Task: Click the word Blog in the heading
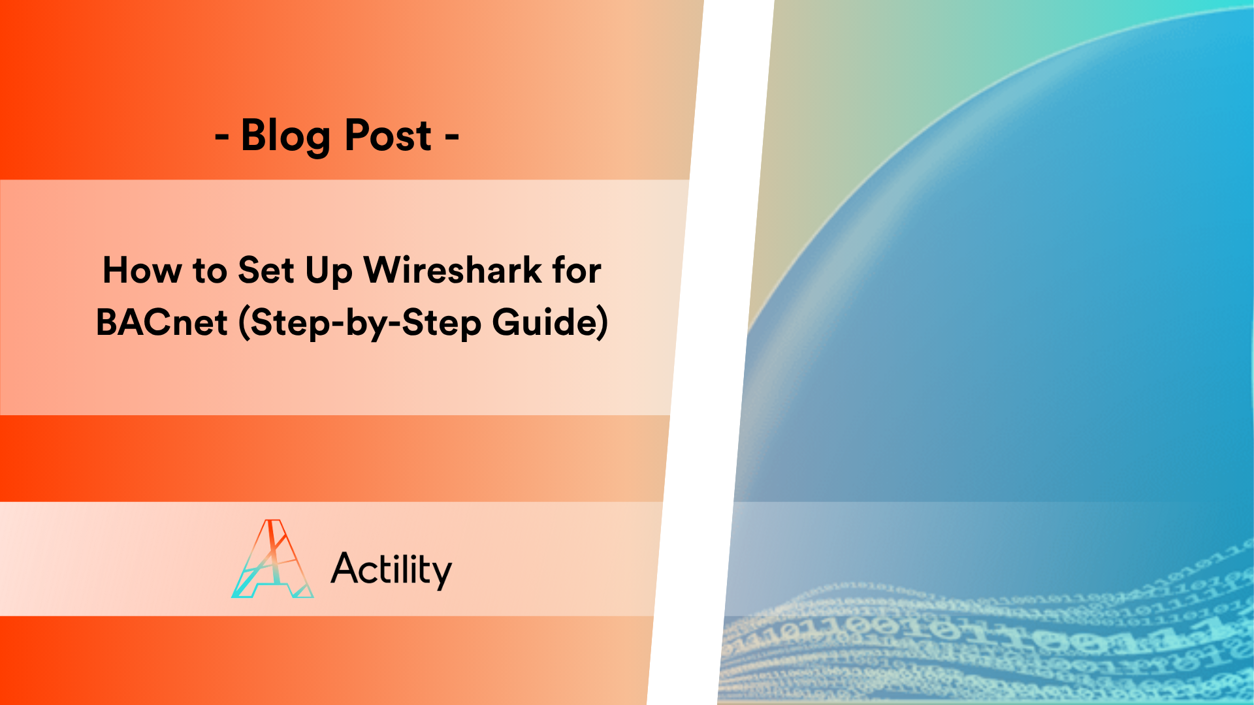tap(285, 136)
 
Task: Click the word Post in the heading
tap(387, 136)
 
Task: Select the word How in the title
tap(142, 270)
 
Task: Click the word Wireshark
tap(453, 270)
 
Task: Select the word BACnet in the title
tap(162, 322)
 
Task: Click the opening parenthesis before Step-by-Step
tap(244, 323)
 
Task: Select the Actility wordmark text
tap(391, 569)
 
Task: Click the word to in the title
tap(210, 270)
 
